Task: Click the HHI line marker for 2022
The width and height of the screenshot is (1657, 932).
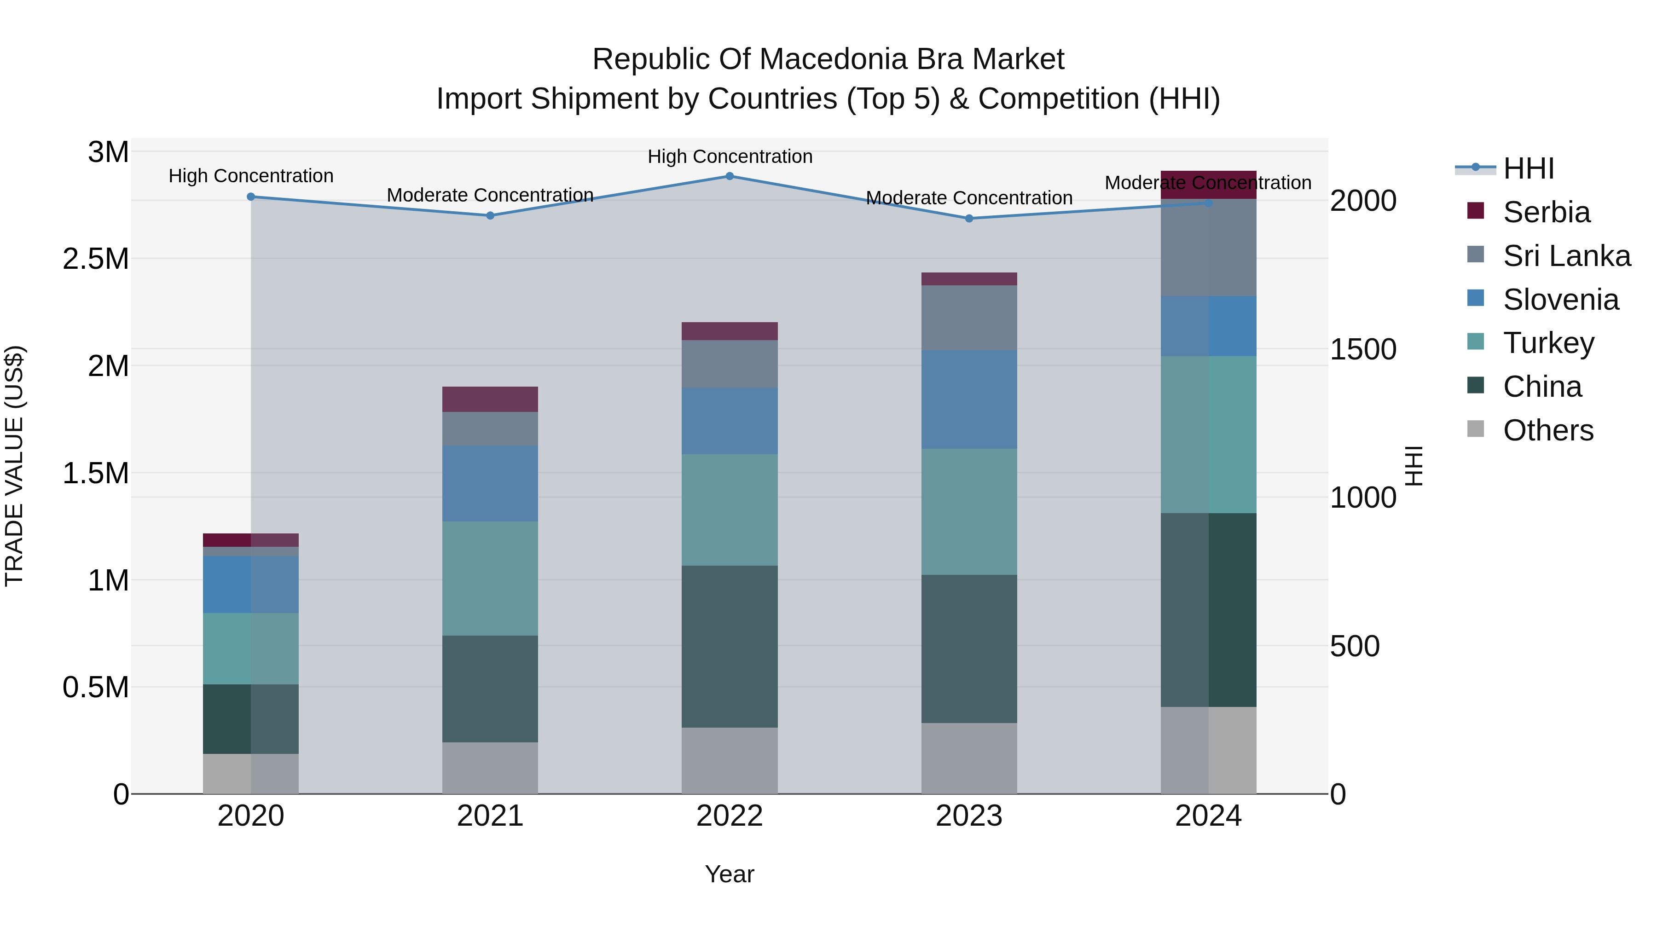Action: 730,176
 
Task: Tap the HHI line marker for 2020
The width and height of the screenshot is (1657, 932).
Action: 251,197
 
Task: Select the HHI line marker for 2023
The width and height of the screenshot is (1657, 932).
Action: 969,219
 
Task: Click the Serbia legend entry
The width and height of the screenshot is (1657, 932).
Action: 1546,212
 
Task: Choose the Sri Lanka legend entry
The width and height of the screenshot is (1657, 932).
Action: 1566,256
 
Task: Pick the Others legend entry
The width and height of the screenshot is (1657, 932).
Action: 1547,430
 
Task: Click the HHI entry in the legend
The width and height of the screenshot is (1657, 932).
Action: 1528,168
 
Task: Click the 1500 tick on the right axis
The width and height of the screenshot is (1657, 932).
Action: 1362,349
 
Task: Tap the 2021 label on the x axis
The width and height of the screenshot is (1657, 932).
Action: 490,816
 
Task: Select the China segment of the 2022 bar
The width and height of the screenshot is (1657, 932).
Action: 730,647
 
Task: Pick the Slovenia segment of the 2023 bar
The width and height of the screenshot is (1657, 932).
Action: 969,399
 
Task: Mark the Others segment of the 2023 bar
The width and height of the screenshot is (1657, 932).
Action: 969,758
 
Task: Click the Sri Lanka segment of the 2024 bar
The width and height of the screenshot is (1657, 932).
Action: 1208,248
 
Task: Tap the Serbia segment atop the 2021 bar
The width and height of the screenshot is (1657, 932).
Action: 490,399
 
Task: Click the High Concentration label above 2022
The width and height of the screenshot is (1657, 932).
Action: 730,156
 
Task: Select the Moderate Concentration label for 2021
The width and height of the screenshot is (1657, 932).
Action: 490,195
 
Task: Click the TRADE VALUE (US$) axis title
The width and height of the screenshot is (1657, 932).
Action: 15,466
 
